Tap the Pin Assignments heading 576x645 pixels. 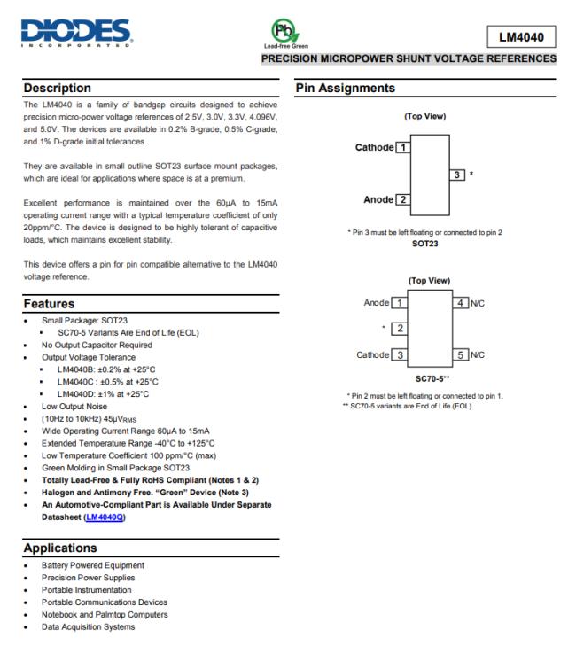(343, 88)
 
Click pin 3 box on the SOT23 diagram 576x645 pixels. (458, 174)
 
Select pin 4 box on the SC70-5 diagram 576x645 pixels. (462, 303)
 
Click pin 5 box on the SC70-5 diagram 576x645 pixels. (462, 355)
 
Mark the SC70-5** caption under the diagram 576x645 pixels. (431, 377)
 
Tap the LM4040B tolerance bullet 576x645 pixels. (107, 369)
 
